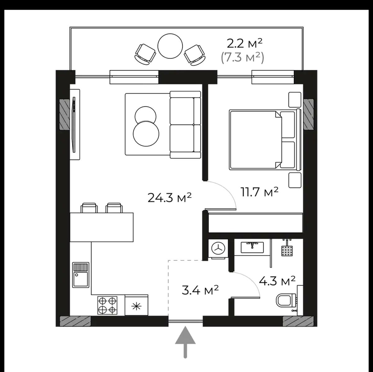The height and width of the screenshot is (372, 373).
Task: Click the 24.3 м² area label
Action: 169,198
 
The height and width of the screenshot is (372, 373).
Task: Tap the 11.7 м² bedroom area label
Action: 259,192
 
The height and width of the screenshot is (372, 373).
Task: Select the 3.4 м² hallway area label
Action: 200,290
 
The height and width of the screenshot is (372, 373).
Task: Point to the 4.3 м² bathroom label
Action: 277,281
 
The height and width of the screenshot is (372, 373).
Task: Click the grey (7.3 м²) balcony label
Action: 242,58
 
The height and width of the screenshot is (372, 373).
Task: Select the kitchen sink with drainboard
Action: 81,275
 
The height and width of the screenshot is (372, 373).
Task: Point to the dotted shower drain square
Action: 287,251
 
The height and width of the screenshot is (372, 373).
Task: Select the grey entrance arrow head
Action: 185,337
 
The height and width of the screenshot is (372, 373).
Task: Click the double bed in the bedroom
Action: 265,140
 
